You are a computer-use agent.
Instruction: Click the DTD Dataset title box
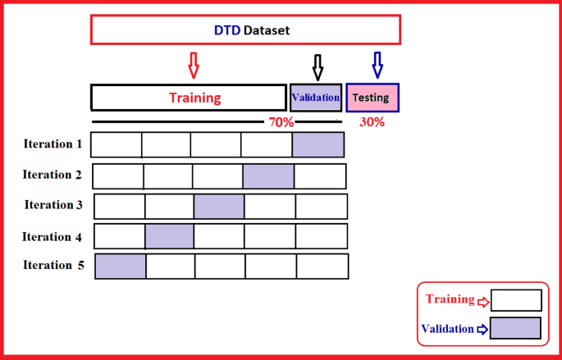click(245, 30)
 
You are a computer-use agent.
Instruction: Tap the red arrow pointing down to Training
click(194, 64)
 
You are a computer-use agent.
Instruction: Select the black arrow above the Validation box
click(318, 66)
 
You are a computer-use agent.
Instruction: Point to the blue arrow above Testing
click(377, 64)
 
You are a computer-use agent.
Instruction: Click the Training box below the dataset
click(188, 98)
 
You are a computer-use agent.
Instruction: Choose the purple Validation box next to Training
click(316, 98)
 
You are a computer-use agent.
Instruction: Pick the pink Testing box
click(372, 98)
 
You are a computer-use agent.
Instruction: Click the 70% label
click(281, 122)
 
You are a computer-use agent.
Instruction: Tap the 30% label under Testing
click(372, 122)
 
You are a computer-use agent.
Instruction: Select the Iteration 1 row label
click(53, 144)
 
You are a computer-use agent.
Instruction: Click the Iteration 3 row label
click(53, 205)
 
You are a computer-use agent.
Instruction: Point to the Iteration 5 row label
click(54, 266)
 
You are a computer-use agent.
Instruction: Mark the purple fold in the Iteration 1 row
click(318, 144)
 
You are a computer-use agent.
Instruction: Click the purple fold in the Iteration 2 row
click(268, 175)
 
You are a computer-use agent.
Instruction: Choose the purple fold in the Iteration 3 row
click(219, 206)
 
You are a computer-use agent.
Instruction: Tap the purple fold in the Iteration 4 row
click(170, 236)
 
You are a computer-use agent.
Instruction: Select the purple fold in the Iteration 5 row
click(121, 267)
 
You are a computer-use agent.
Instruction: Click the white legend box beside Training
click(516, 300)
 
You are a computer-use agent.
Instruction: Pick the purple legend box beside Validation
click(516, 328)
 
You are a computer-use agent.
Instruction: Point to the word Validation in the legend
click(448, 329)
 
